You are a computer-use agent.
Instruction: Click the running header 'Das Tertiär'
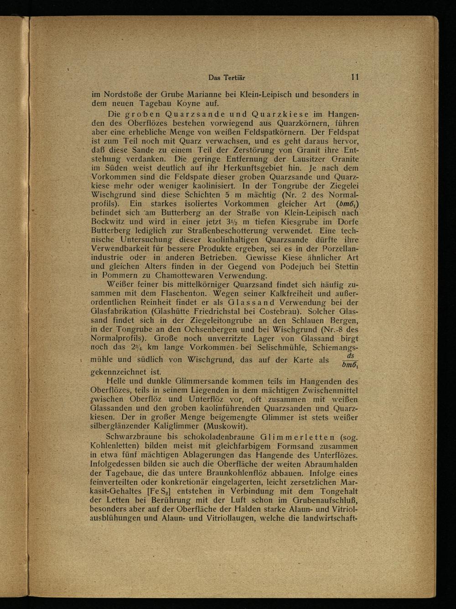[227, 78]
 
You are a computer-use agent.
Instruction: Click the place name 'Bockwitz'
[110, 221]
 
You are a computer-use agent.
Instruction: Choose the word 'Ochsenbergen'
[199, 329]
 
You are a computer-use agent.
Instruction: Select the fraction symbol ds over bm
[350, 359]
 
